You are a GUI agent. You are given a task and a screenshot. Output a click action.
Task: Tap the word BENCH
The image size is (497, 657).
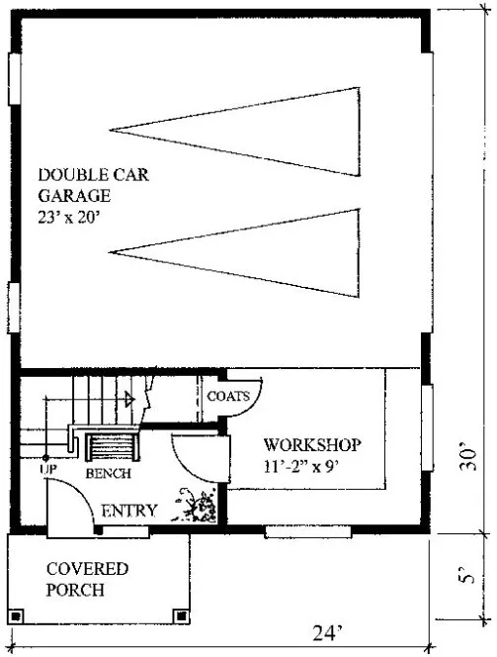pyautogui.click(x=109, y=475)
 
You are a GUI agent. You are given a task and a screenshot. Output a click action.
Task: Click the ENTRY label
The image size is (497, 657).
pyautogui.click(x=129, y=511)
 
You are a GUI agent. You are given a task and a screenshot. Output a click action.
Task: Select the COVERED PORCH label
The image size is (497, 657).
pyautogui.click(x=88, y=580)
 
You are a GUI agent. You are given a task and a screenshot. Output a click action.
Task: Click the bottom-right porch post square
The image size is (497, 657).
pyautogui.click(x=178, y=613)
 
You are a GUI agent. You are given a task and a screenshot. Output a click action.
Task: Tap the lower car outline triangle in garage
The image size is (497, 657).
pyautogui.click(x=237, y=247)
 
